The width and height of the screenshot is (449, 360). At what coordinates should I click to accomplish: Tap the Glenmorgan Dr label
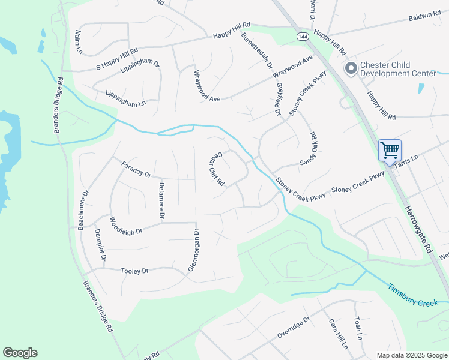(x=193, y=250)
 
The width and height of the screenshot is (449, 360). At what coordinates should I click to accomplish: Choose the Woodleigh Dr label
(x=125, y=227)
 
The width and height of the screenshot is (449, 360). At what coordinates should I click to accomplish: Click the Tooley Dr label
(x=134, y=271)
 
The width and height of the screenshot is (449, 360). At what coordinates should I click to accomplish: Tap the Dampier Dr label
(x=100, y=245)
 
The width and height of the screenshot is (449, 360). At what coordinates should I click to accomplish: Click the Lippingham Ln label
(x=125, y=98)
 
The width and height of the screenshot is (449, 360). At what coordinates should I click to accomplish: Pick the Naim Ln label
(x=79, y=41)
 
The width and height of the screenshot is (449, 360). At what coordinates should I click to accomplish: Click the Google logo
(x=20, y=353)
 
